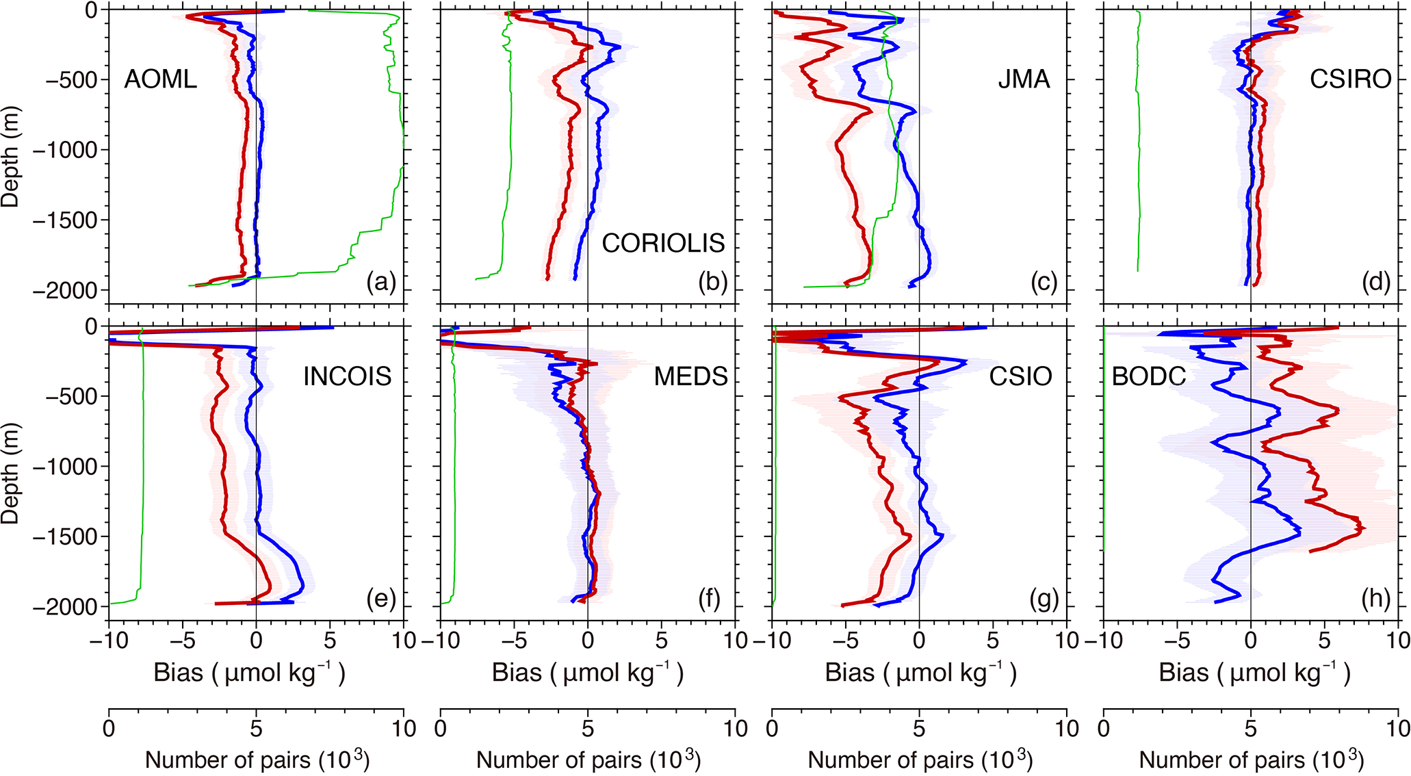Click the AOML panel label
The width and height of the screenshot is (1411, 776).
coord(160,79)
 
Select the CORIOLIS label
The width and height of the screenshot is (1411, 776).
coord(662,243)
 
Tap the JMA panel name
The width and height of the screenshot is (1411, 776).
coord(1023,79)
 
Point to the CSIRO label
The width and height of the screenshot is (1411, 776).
coord(1349,79)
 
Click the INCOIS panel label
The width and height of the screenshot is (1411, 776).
coord(347,376)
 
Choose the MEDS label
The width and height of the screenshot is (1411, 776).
coord(690,376)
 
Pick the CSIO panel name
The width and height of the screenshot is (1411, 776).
coord(1020,376)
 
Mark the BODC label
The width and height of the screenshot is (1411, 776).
coord(1148,376)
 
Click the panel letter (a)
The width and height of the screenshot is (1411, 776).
coord(381,281)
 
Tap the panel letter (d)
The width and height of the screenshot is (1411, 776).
coord(1375,281)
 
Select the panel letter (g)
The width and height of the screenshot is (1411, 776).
coord(1044,599)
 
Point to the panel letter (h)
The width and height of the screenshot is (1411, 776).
coord(1375,599)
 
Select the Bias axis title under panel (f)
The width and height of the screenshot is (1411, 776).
coord(587,673)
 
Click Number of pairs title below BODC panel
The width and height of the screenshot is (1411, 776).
coord(1251,760)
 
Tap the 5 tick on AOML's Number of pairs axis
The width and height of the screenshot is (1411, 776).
coord(256,728)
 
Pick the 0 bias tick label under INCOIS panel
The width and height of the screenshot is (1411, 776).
coord(256,641)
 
